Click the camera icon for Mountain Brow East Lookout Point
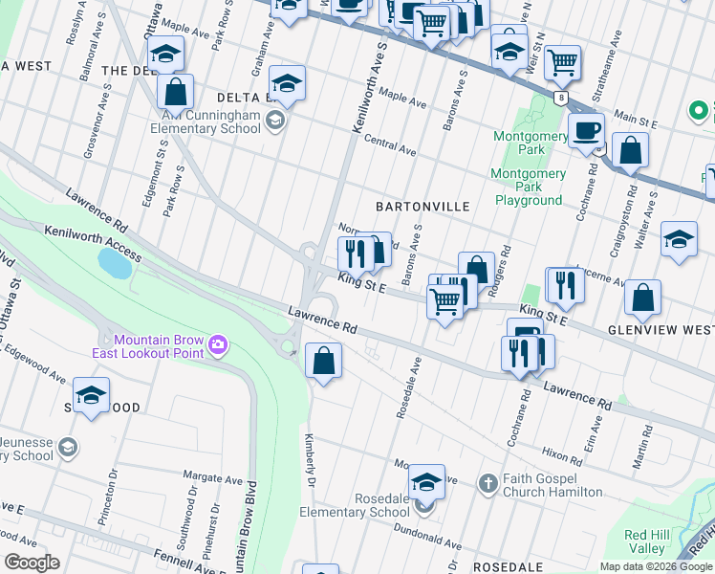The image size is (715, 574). [219, 344]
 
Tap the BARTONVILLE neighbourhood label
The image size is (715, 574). [422, 207]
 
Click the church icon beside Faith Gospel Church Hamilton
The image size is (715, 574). [487, 482]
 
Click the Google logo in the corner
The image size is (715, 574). [32, 562]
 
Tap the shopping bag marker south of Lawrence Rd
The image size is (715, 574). [323, 361]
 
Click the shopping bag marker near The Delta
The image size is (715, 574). [175, 93]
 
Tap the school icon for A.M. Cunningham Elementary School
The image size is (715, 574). [275, 120]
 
